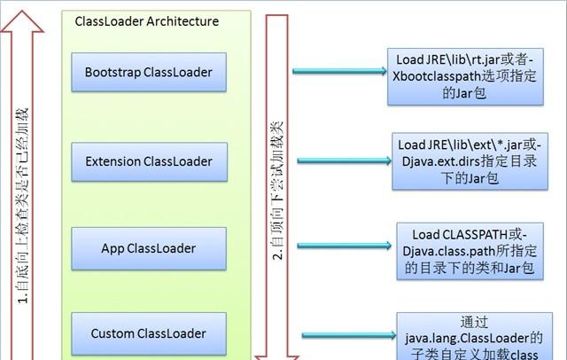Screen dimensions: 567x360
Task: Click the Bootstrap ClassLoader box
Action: (149, 72)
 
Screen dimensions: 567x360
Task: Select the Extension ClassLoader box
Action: (150, 161)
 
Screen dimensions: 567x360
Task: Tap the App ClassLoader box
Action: (149, 248)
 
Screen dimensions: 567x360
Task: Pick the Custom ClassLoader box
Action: (149, 333)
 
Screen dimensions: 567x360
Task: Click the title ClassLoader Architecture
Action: (147, 21)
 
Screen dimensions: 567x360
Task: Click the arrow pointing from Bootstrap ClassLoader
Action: (339, 71)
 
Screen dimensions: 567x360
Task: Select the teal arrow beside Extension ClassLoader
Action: (345, 160)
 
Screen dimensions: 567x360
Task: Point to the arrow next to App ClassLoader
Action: (345, 246)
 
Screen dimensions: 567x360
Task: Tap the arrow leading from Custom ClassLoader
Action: (349, 335)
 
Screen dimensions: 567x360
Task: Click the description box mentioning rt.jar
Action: (465, 77)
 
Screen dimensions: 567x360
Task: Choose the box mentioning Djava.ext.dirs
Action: (470, 161)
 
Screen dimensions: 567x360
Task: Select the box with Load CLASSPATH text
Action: (470, 251)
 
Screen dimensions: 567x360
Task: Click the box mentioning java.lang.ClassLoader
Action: (475, 336)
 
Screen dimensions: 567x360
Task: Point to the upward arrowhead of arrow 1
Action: (22, 21)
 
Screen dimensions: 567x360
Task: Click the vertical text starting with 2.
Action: (277, 191)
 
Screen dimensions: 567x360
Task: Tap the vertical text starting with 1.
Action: (22, 206)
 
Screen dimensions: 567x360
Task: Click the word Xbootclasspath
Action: (431, 77)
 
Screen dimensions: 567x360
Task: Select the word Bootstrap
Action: (113, 73)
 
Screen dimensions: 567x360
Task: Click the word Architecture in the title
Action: (183, 21)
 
